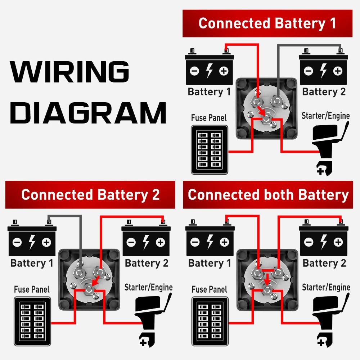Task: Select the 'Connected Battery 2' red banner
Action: [x=90, y=195]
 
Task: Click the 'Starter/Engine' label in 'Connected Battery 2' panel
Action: [x=148, y=287]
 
